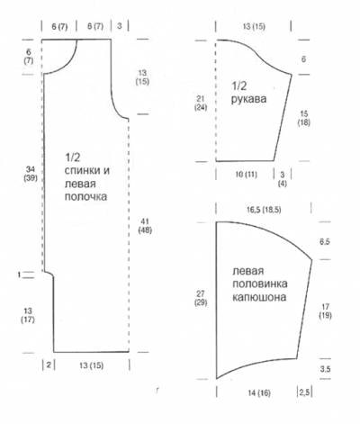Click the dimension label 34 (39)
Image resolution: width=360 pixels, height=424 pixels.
click(x=31, y=174)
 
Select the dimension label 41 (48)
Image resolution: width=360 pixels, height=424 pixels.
click(x=145, y=226)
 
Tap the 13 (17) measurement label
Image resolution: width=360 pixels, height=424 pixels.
click(x=28, y=315)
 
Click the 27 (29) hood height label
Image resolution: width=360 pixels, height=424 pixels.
click(x=201, y=298)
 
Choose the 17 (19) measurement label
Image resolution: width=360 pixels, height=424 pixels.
click(x=325, y=311)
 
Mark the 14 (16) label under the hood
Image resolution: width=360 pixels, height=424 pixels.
click(x=259, y=392)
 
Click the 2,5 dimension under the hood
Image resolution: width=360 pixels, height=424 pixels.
click(x=304, y=392)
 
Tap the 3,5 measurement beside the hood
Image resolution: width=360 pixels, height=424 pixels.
click(x=325, y=369)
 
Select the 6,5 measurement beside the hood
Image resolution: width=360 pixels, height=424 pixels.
click(x=325, y=241)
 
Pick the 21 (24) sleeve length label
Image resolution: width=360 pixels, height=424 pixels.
click(x=201, y=103)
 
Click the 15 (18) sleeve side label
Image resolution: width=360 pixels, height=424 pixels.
click(x=304, y=118)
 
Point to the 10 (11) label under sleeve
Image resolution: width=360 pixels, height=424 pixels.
click(x=247, y=175)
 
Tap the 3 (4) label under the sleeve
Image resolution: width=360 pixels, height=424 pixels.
click(x=283, y=179)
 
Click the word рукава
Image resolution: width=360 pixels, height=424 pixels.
click(x=248, y=99)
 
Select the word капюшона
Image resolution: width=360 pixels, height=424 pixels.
click(x=259, y=297)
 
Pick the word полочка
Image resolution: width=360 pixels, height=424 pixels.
click(x=85, y=196)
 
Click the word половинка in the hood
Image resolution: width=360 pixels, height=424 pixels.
click(x=260, y=284)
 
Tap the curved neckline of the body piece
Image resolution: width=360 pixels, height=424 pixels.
click(x=68, y=64)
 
